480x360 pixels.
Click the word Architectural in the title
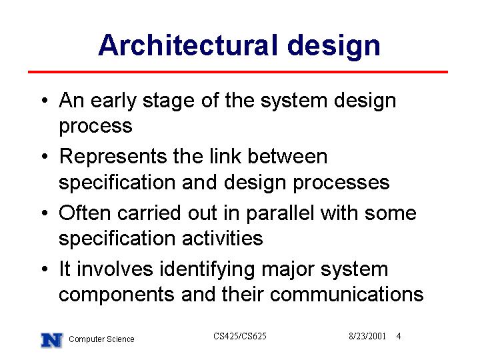coord(188,45)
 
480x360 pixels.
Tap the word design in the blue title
coord(334,47)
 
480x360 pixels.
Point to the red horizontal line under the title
coord(238,72)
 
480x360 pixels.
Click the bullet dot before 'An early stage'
coord(45,101)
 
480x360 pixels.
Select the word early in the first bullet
coord(113,101)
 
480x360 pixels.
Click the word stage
coord(169,101)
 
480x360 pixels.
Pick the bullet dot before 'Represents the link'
coord(45,157)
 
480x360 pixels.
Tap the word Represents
coord(113,157)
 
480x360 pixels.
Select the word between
coord(287,156)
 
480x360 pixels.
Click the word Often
coord(85,213)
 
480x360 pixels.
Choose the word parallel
coord(280,214)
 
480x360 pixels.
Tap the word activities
coord(222,238)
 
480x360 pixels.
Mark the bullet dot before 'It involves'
coord(45,269)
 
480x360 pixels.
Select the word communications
coord(347,294)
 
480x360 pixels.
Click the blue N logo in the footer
coord(52,340)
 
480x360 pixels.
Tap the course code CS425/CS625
coord(240,337)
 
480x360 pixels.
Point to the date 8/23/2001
coord(367,337)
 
